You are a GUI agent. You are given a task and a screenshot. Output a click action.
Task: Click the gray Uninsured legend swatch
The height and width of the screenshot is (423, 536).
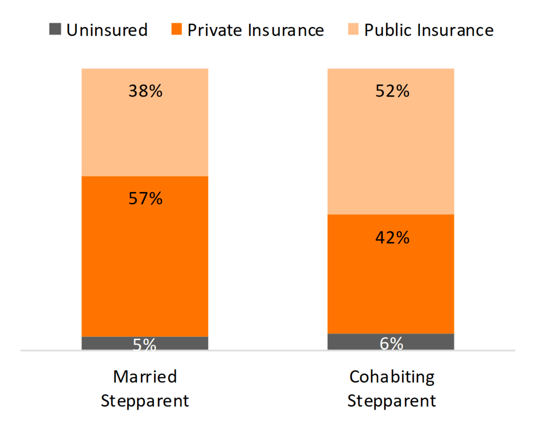tap(55, 30)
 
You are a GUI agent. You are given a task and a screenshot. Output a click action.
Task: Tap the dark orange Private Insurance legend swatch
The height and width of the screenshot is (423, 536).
tap(176, 30)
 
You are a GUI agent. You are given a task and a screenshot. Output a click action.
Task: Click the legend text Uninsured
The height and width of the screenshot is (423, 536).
tap(107, 30)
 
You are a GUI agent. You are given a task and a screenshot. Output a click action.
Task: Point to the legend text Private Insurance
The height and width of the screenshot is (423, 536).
tap(256, 30)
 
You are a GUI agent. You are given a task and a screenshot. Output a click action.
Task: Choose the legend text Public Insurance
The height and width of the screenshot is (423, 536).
tap(429, 30)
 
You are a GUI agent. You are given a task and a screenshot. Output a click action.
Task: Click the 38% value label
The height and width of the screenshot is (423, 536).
tap(145, 91)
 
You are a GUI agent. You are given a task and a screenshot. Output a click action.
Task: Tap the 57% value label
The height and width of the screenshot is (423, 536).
tap(145, 199)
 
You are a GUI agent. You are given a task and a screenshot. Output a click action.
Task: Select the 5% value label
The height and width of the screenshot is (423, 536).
tap(145, 345)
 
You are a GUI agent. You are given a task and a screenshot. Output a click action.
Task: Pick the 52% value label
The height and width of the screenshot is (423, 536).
tap(392, 91)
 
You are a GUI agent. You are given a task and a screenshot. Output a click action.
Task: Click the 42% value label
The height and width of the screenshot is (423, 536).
tap(392, 237)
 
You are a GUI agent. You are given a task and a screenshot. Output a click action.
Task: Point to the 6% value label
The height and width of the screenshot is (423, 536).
tap(391, 343)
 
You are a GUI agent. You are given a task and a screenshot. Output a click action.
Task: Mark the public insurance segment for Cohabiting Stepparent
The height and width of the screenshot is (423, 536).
tap(391, 151)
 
